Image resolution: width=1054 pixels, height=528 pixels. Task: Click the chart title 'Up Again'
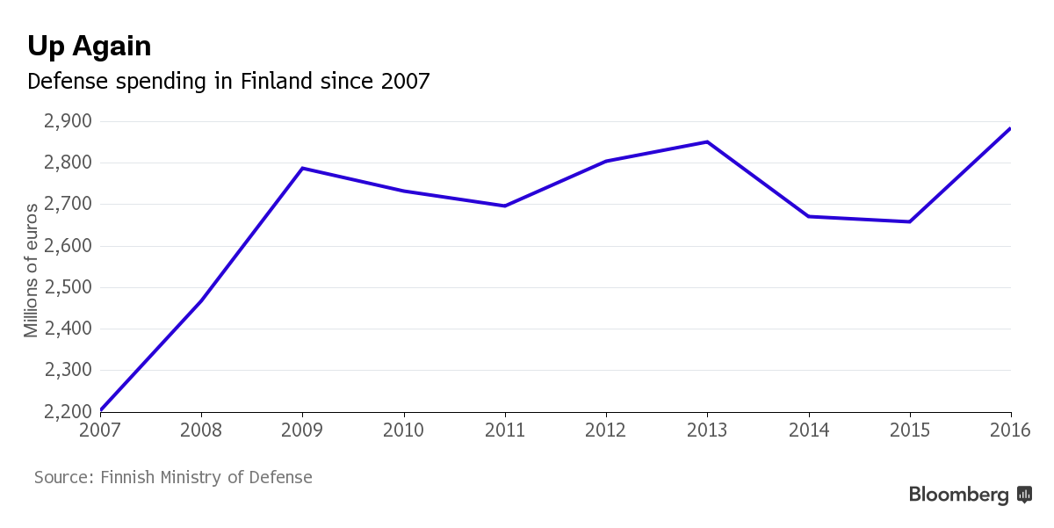tap(90, 46)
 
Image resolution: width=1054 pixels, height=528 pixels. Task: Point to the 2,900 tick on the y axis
tap(67, 121)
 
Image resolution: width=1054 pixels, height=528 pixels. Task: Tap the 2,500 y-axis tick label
tap(67, 287)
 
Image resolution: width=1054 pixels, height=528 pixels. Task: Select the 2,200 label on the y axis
tap(67, 411)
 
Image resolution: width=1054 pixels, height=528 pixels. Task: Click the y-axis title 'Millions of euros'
tap(32, 270)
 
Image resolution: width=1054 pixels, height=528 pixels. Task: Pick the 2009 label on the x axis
tap(302, 430)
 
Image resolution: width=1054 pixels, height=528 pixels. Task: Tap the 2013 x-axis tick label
tap(707, 430)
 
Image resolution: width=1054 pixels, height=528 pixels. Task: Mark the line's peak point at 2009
tap(302, 168)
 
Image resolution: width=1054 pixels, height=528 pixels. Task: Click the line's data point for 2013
tap(707, 141)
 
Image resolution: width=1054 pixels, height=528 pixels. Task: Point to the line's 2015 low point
tap(909, 221)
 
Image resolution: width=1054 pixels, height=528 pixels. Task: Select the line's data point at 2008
tap(201, 300)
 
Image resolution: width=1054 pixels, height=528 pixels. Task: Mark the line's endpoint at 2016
tap(1010, 129)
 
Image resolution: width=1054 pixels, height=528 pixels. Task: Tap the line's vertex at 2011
tap(505, 206)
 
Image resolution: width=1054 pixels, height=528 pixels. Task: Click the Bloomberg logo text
tap(959, 495)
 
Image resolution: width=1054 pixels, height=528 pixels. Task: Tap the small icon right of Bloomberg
tap(1024, 495)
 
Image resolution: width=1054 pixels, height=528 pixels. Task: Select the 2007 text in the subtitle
tap(406, 82)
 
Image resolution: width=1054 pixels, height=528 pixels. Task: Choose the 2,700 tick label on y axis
tap(67, 205)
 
